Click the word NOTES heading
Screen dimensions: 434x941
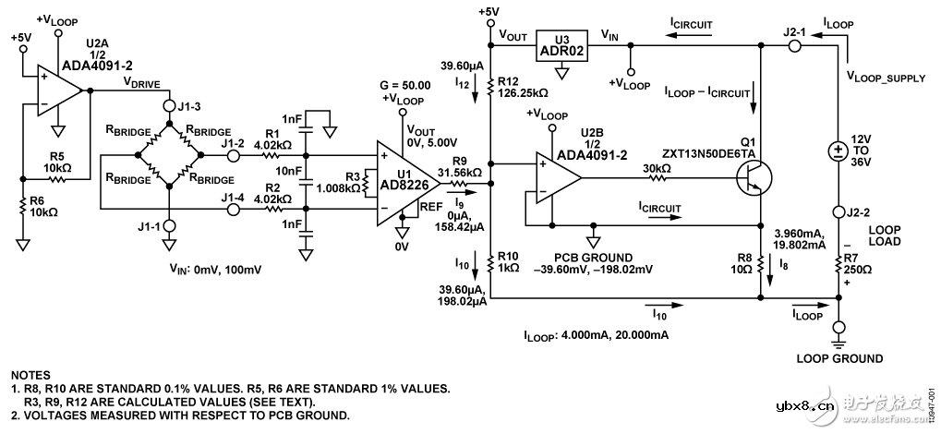[x=32, y=376]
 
